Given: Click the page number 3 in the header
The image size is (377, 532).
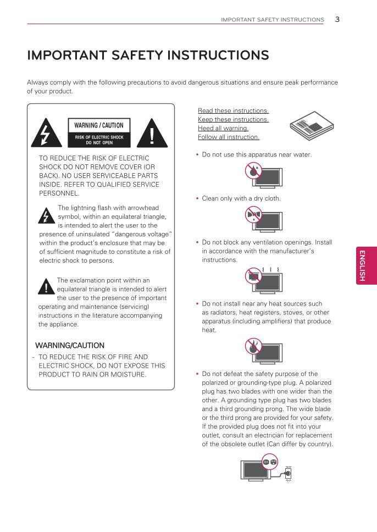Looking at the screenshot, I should pyautogui.click(x=337, y=19).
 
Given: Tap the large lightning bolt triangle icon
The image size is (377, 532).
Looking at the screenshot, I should pyautogui.click(x=42, y=133).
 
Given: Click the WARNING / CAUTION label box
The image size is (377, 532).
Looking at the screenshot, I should pyautogui.click(x=99, y=125).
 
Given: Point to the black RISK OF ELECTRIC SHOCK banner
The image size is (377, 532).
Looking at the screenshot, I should pyautogui.click(x=99, y=140).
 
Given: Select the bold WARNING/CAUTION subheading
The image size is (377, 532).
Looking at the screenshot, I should pyautogui.click(x=70, y=346).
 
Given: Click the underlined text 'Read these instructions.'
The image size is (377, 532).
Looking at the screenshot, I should pyautogui.click(x=233, y=110).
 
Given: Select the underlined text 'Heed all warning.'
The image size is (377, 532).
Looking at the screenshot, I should pyautogui.click(x=223, y=128).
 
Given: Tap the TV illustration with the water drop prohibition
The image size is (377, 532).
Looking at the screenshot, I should pyautogui.click(x=264, y=175).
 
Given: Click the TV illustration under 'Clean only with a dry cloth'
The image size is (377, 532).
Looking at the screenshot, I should pyautogui.click(x=263, y=219).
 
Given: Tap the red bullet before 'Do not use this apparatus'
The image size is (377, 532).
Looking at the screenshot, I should pyautogui.click(x=197, y=155).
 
